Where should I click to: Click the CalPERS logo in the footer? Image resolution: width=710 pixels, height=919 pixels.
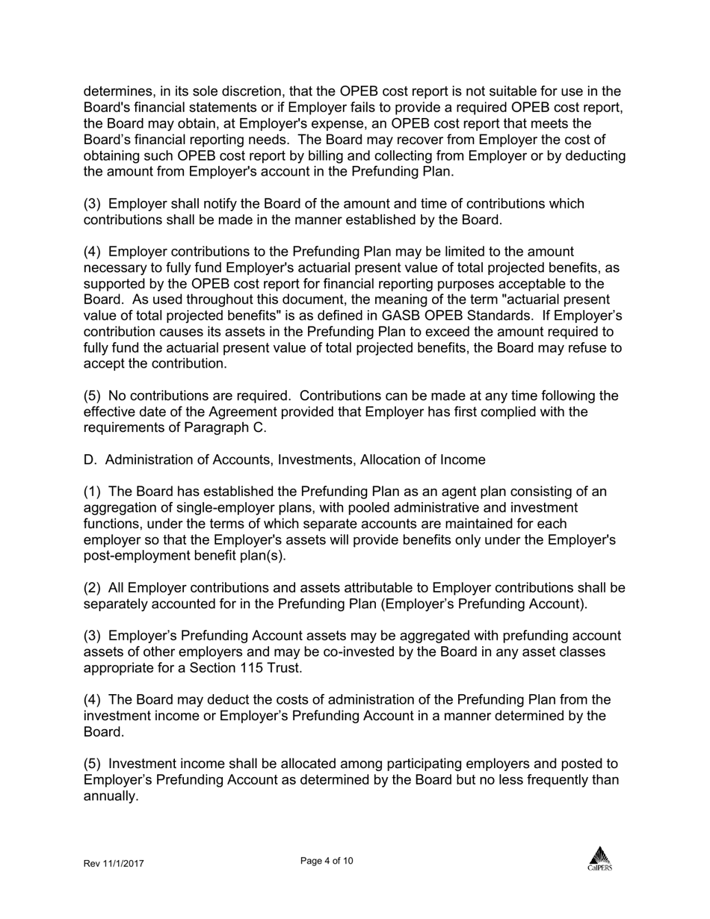coord(599,858)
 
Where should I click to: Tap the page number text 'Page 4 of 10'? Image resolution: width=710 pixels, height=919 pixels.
coord(327,861)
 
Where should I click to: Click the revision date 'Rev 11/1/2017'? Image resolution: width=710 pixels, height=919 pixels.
coord(114,864)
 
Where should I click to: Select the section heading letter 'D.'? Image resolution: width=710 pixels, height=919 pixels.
coord(90,460)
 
